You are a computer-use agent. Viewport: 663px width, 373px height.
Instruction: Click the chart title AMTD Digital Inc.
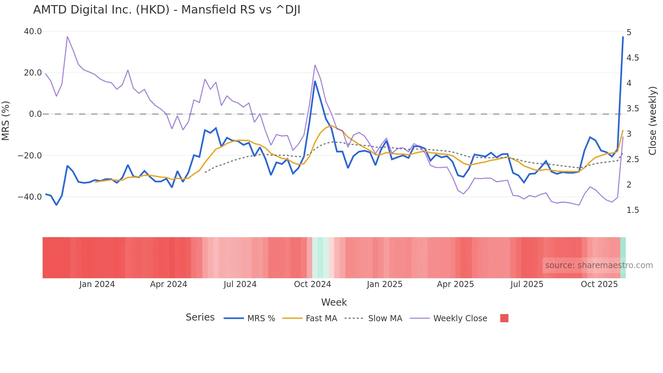point(166,10)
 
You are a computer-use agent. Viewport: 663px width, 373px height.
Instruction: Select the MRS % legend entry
point(250,318)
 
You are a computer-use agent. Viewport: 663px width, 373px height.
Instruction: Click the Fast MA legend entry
point(310,318)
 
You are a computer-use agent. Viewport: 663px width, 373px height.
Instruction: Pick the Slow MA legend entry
point(373,318)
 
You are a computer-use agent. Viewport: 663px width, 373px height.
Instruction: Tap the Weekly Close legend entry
point(449,318)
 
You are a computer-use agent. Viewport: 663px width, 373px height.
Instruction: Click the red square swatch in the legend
point(504,318)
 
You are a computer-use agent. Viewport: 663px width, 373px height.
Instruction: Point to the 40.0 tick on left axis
point(33,31)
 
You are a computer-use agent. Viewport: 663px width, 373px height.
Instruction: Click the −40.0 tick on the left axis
point(30,197)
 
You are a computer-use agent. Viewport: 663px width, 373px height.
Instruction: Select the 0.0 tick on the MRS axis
point(35,114)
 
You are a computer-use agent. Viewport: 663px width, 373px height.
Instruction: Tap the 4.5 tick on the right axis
point(633,58)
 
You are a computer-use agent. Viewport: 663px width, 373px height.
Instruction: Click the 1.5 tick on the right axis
point(633,210)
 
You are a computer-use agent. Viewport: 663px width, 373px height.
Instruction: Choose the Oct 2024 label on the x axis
point(312,284)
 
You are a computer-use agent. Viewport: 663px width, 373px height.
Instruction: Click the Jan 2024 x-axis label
point(97,284)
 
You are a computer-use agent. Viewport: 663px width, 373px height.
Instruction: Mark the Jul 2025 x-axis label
point(527,284)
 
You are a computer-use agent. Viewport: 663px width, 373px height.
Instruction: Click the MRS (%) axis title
point(6,120)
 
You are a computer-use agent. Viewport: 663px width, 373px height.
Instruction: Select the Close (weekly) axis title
point(653,120)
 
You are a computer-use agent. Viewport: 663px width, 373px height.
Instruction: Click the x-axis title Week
point(334,302)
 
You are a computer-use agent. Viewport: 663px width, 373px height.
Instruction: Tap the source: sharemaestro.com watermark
point(599,265)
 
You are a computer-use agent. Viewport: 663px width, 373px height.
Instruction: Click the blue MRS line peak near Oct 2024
point(315,81)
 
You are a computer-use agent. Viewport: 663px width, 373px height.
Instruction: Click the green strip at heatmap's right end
point(623,258)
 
